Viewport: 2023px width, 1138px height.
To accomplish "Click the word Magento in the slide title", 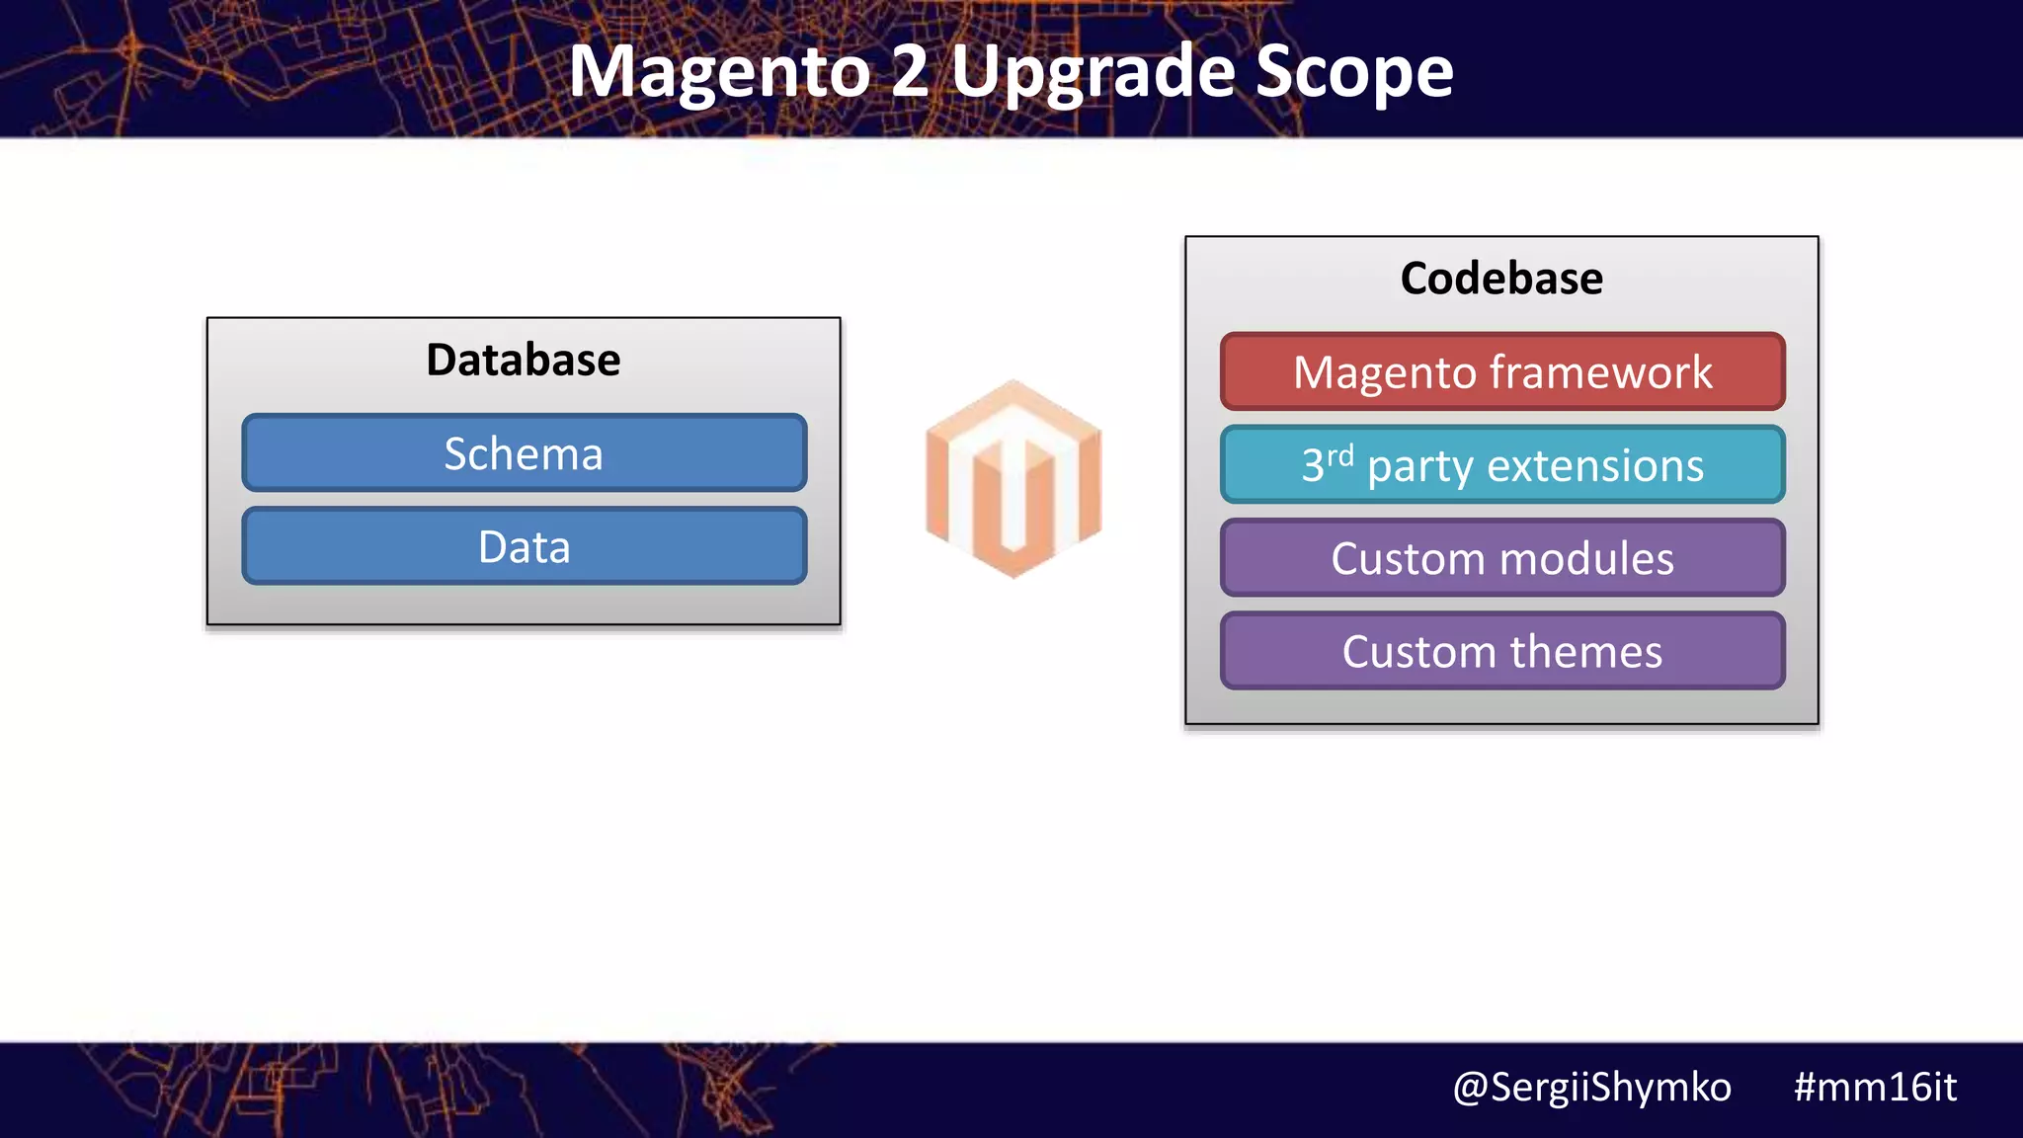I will (718, 73).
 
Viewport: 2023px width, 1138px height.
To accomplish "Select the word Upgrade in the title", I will (1092, 73).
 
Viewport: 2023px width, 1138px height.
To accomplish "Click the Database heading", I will (523, 360).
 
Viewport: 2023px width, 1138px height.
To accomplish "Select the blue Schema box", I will (524, 453).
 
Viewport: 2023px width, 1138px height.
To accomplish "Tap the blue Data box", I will (524, 546).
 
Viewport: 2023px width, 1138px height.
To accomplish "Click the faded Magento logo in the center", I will (1012, 478).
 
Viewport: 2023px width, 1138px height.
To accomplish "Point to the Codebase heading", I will (1501, 278).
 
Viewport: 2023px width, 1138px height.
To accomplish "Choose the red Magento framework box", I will (1502, 372).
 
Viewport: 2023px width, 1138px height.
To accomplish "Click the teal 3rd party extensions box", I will (1502, 465).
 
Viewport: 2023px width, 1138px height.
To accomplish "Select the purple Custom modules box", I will (1502, 558).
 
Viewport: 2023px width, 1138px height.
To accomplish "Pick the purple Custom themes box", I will (1502, 651).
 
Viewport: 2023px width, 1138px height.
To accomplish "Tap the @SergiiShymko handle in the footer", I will (1591, 1088).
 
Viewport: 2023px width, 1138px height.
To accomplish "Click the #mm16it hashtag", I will (1874, 1087).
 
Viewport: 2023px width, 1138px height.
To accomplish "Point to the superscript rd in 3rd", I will (1340, 456).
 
